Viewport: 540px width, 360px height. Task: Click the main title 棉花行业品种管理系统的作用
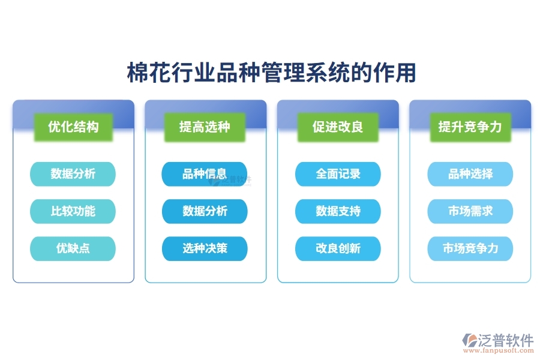coord(271,73)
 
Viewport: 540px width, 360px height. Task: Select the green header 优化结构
coord(73,127)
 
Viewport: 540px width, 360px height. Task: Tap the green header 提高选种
coord(205,127)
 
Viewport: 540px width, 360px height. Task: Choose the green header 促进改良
coord(338,127)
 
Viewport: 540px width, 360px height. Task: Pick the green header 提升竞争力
coord(470,127)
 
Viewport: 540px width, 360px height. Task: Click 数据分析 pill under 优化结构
coord(73,174)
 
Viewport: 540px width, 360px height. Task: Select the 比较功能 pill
coord(73,211)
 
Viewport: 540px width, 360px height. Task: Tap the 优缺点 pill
coord(73,248)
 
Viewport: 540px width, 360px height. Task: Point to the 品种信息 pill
coord(205,174)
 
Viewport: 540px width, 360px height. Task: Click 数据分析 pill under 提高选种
coord(205,211)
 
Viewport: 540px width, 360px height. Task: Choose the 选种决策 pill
coord(205,248)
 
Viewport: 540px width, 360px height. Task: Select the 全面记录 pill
coord(338,174)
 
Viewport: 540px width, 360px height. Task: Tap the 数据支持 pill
coord(338,211)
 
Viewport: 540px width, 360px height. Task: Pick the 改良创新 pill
coord(338,248)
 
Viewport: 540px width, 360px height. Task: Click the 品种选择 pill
coord(470,174)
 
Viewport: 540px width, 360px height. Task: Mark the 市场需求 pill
coord(470,211)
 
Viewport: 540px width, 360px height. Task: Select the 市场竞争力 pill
coord(470,248)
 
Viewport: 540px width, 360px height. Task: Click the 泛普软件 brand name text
coord(506,340)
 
